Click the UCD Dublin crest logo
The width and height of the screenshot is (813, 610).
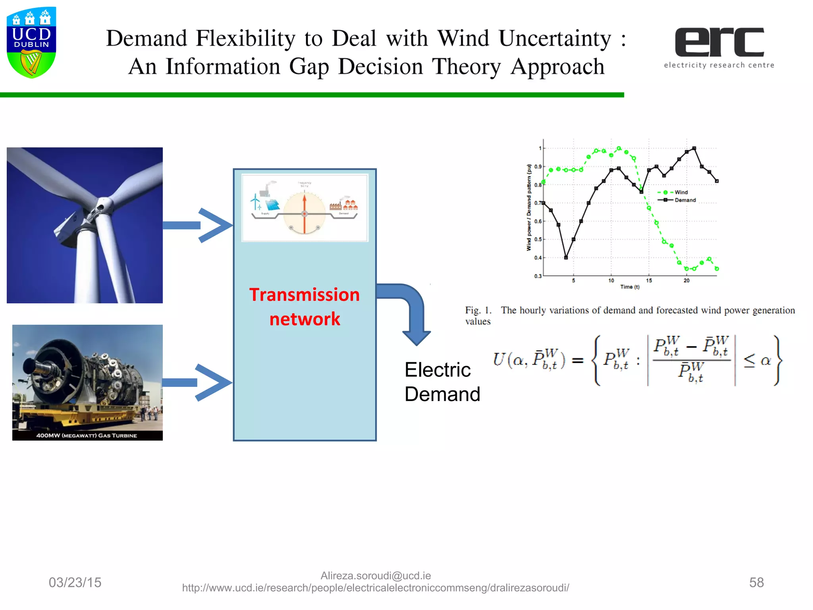(x=31, y=42)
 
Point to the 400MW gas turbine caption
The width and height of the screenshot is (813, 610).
(x=87, y=435)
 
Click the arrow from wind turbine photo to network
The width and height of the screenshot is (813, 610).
(x=197, y=225)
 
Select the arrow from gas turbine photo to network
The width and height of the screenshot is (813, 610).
(x=197, y=382)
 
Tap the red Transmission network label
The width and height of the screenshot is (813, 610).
(x=304, y=307)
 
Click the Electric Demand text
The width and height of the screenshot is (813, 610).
(x=442, y=382)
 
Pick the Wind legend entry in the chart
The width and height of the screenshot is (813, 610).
(x=680, y=192)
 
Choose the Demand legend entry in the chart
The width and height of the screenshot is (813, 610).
(x=684, y=200)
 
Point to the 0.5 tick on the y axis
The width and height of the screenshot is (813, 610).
(x=538, y=239)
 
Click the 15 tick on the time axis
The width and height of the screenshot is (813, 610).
(x=649, y=280)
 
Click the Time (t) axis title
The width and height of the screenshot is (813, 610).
(x=630, y=287)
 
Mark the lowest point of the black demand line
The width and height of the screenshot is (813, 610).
(x=566, y=257)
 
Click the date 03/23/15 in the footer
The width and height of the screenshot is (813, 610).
(x=75, y=582)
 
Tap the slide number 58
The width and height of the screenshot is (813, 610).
(x=756, y=582)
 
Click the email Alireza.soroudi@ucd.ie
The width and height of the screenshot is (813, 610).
(x=376, y=575)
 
